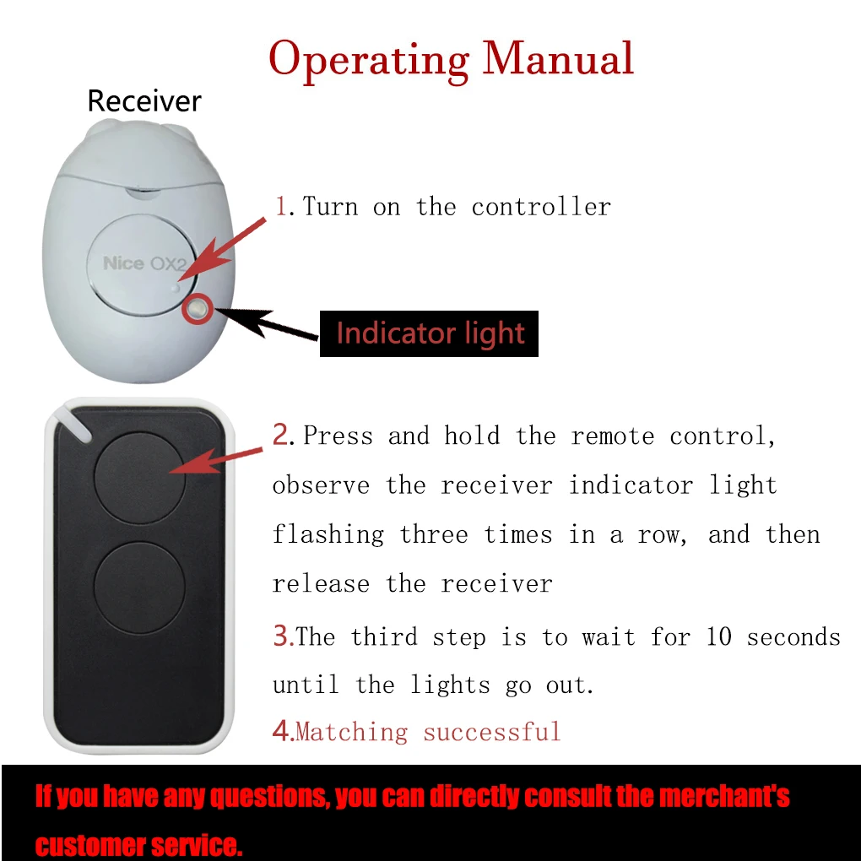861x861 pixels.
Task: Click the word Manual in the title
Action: pos(558,58)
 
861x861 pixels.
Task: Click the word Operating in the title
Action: pos(368,60)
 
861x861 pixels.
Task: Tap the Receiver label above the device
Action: pos(144,101)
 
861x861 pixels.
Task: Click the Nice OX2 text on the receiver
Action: pos(144,263)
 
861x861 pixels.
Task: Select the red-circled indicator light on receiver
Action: pos(198,310)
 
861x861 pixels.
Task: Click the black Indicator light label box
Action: pos(429,333)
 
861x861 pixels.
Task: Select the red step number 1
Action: pos(281,206)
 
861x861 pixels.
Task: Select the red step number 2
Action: pos(281,435)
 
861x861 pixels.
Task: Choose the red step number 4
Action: pos(281,730)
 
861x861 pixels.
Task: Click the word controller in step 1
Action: pos(541,207)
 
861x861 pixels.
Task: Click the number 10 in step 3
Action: pos(718,636)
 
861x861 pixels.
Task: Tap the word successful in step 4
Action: pos(492,731)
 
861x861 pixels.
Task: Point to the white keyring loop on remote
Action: pos(74,423)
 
